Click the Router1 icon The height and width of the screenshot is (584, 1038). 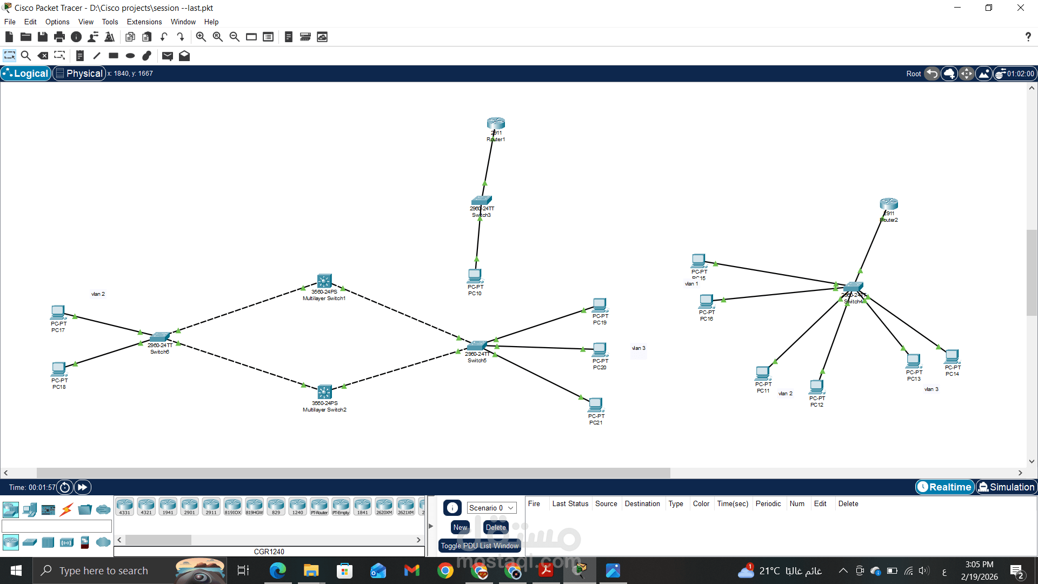point(496,123)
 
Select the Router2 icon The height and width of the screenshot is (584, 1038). point(889,204)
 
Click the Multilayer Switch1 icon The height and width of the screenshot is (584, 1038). point(324,281)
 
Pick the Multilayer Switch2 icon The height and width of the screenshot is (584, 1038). point(324,391)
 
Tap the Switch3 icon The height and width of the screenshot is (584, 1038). point(481,200)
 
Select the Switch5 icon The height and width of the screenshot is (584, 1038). point(477,346)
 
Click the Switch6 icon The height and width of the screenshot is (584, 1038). point(159,337)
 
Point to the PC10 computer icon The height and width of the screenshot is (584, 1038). point(475,276)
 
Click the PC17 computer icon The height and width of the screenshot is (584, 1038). point(58,313)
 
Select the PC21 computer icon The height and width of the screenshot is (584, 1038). point(596,404)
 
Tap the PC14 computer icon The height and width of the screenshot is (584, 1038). point(952,356)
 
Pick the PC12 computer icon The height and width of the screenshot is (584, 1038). point(817,387)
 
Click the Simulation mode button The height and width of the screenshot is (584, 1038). point(1007,487)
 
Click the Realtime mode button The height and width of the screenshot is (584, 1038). point(944,487)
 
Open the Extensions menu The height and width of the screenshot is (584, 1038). point(144,22)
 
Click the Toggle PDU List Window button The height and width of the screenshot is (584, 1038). point(480,546)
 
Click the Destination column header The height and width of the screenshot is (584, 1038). point(642,504)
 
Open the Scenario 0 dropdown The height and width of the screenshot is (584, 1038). point(491,508)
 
